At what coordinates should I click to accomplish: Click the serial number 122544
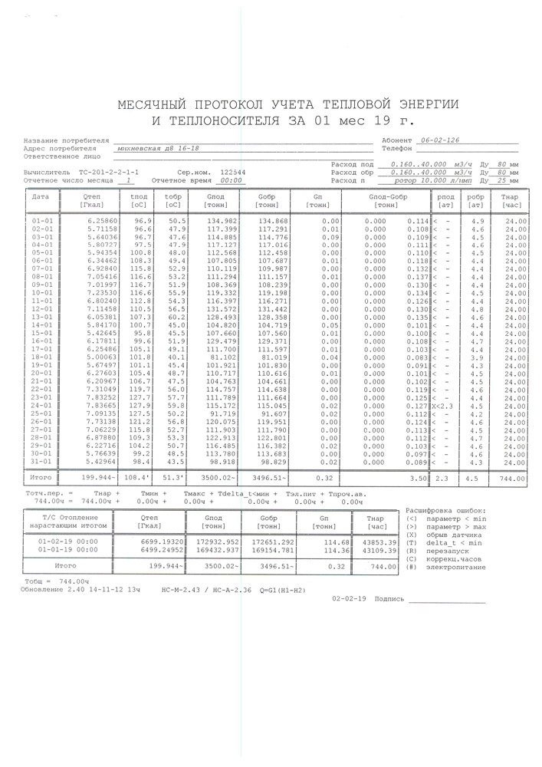233,173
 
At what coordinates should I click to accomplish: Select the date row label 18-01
42,357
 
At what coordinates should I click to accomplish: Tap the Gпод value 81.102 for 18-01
221,357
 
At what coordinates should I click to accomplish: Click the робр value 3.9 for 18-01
476,357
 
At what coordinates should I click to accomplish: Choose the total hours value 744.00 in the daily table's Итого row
512,479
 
